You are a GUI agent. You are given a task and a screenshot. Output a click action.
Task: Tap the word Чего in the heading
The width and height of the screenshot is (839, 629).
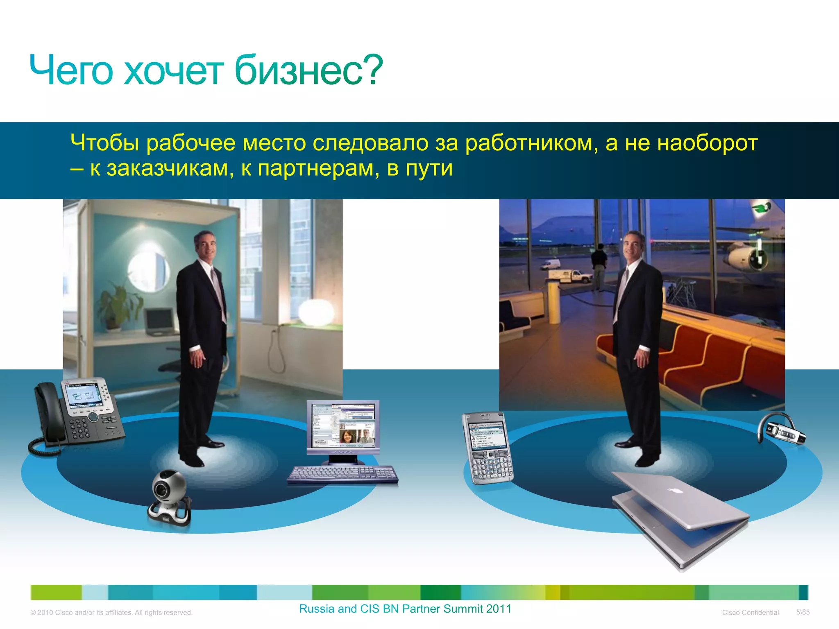coord(70,70)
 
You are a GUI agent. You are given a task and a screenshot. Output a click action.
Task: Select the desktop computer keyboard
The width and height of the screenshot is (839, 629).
coord(342,474)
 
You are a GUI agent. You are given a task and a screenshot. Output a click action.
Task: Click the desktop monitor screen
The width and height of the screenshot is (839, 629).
coord(343,426)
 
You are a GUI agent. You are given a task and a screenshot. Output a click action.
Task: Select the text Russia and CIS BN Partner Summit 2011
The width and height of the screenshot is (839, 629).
coord(405,609)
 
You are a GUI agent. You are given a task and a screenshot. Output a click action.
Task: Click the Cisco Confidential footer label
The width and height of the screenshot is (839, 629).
coord(750,613)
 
